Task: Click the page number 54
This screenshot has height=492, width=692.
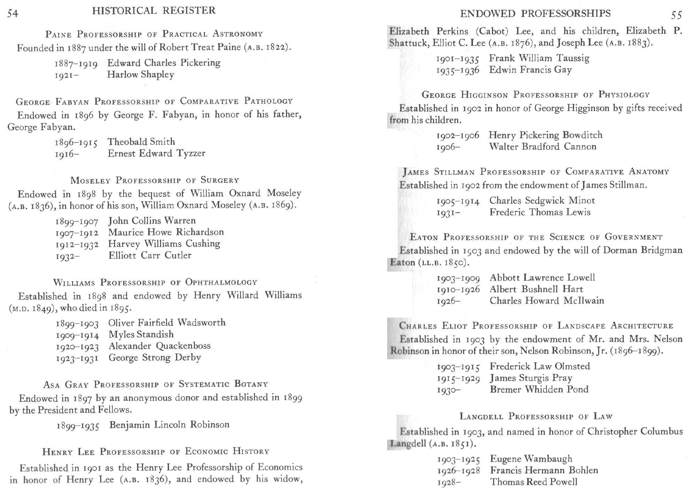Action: pos(13,13)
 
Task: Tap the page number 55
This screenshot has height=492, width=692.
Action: pos(677,15)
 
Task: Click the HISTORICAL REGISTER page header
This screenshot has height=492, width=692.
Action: pos(154,11)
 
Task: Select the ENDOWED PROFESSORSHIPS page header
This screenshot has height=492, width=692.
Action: pos(535,14)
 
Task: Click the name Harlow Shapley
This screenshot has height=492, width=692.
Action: pos(141,75)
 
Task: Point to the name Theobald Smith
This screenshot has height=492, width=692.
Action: pos(141,142)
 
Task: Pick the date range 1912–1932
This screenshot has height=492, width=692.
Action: pos(77,244)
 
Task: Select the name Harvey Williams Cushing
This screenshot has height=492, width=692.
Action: pos(164,244)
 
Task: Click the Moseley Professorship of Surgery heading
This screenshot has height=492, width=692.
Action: pos(155,180)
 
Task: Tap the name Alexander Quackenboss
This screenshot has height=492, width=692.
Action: pos(160,346)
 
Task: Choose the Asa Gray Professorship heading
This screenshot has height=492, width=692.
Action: pos(156,384)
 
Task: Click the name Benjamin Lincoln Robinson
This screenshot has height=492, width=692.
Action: pos(169,425)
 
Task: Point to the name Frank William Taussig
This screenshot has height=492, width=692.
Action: pos(539,58)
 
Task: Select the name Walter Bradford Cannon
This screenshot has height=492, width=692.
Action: pos(543,147)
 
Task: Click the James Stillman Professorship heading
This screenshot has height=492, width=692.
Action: pos(536,172)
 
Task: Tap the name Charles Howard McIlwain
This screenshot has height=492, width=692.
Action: pos(547,301)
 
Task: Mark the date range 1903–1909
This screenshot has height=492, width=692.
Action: pos(458,278)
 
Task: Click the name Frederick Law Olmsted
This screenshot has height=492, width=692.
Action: pos(540,366)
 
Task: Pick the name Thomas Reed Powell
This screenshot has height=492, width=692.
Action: pos(534,482)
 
